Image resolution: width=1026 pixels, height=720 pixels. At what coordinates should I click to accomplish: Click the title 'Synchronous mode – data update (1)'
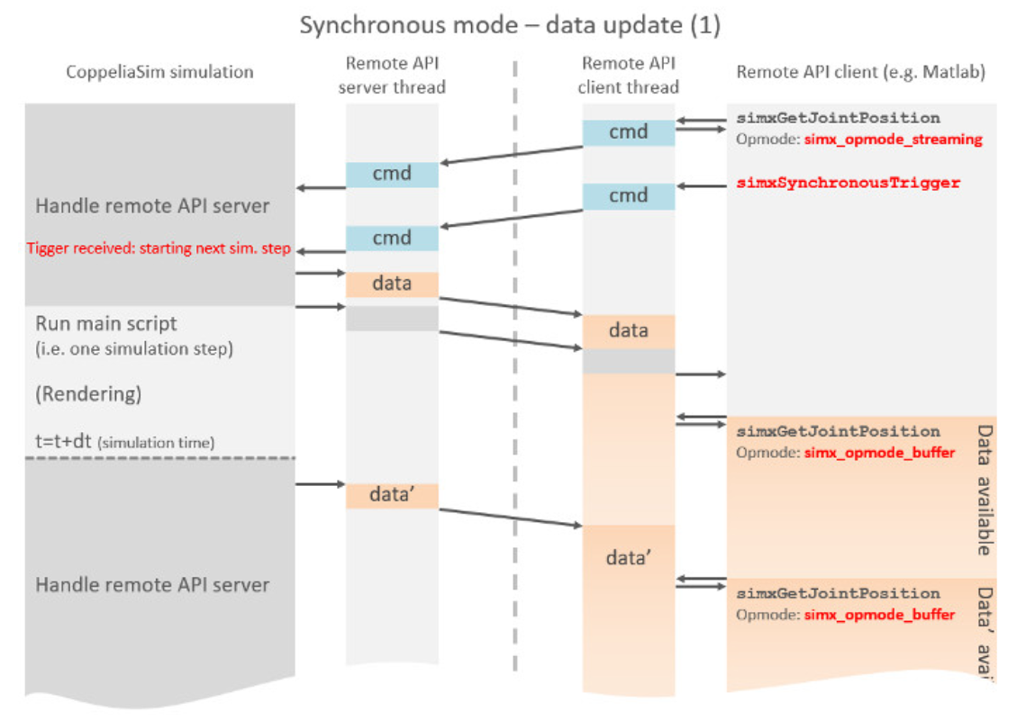pos(510,24)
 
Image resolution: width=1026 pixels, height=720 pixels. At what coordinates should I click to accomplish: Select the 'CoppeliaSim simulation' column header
pos(159,72)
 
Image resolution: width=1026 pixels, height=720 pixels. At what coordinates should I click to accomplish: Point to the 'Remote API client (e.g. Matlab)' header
pos(860,72)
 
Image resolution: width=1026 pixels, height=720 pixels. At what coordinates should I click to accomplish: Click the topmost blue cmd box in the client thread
pos(628,132)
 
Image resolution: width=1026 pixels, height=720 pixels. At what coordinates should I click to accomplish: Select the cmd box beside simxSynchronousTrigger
pos(628,196)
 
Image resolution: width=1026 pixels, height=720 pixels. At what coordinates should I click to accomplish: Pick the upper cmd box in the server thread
pos(392,175)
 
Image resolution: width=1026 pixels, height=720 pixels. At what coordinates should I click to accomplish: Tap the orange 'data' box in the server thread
pos(392,284)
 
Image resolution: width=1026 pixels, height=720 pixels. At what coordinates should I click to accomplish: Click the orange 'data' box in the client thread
pos(628,331)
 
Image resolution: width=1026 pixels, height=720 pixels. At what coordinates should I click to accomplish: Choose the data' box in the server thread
pos(392,495)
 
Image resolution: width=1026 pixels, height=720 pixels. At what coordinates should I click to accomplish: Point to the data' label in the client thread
pos(628,558)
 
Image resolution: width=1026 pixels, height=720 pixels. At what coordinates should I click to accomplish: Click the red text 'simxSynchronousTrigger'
pos(848,183)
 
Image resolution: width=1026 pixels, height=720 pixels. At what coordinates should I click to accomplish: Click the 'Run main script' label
pos(106,323)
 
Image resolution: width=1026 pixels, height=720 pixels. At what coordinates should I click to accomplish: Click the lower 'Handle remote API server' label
pos(152,585)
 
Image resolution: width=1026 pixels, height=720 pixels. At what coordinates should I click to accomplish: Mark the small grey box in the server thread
pos(392,319)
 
